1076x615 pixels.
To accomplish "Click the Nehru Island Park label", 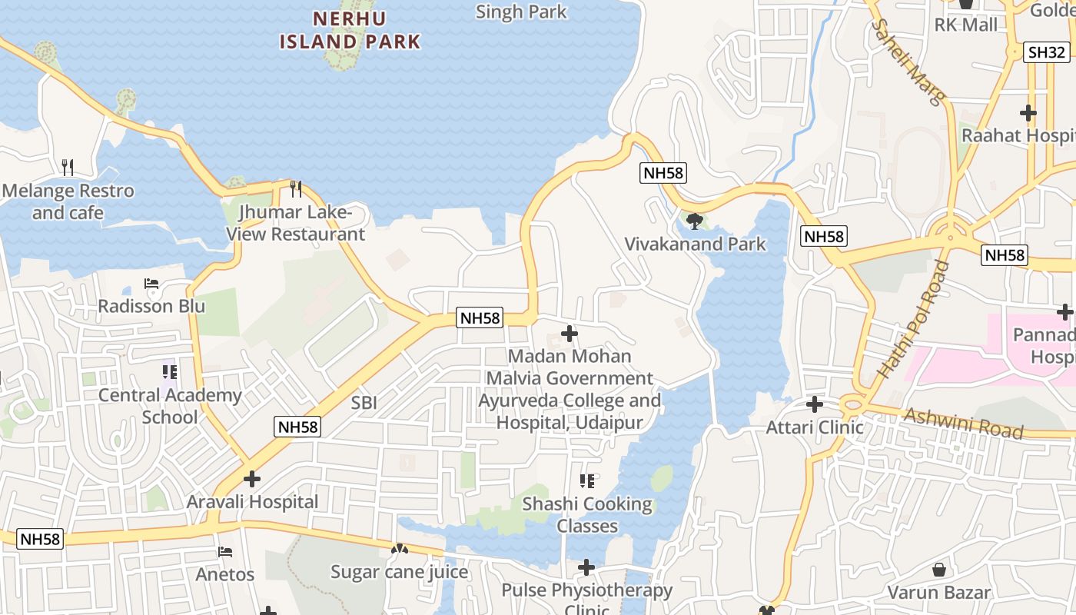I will tap(350, 29).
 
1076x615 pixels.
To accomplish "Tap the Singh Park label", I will tap(521, 12).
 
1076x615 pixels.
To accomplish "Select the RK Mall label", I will tap(966, 25).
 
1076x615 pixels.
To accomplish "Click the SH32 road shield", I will tap(1047, 52).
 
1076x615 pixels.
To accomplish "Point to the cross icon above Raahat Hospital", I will tap(1028, 113).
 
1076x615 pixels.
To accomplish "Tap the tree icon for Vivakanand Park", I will tap(695, 221).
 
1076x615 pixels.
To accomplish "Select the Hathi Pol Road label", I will tap(913, 319).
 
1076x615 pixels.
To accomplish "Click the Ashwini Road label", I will tap(964, 424).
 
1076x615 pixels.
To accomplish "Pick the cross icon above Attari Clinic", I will tap(815, 404).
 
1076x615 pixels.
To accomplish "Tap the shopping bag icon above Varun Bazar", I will tap(938, 570).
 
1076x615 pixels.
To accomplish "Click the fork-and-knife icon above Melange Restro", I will tap(68, 167).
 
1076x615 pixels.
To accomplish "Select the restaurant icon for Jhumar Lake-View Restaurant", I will tap(295, 188).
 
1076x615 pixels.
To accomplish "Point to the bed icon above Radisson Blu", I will tap(151, 284).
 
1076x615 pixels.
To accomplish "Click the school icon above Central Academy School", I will tap(170, 373).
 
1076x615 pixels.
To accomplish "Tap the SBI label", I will tap(364, 402).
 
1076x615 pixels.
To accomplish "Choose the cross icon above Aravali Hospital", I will tap(252, 479).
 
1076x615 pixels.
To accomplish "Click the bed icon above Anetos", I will tap(225, 551).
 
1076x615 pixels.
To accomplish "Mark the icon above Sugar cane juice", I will tap(399, 550).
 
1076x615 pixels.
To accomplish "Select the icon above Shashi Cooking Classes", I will tap(587, 481).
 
